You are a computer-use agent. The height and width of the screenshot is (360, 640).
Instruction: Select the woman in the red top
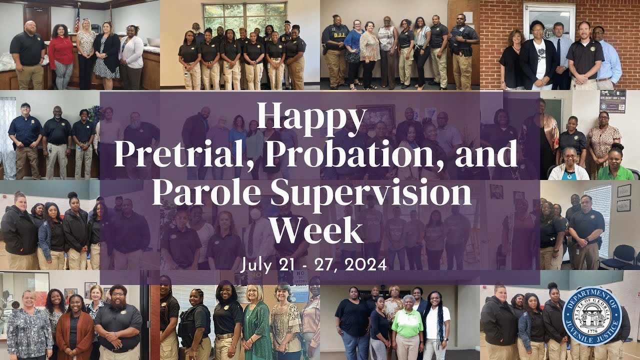(x=61, y=55)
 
